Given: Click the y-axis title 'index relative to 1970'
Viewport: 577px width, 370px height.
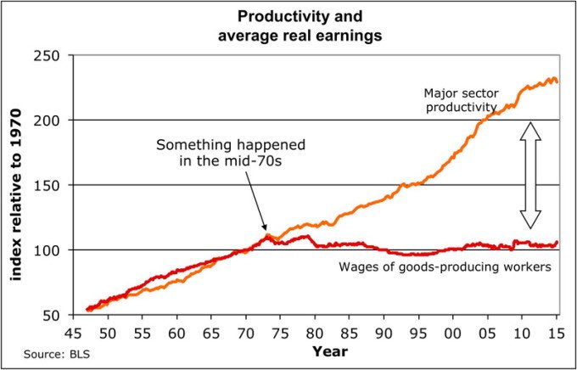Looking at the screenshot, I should tap(17, 185).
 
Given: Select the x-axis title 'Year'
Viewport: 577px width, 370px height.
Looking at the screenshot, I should tap(329, 350).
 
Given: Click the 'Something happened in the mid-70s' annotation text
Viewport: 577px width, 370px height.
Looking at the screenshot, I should tap(218, 154).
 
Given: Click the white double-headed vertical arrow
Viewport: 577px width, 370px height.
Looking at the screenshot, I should tap(530, 175).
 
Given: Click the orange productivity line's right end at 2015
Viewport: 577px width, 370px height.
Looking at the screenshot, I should tap(557, 81).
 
